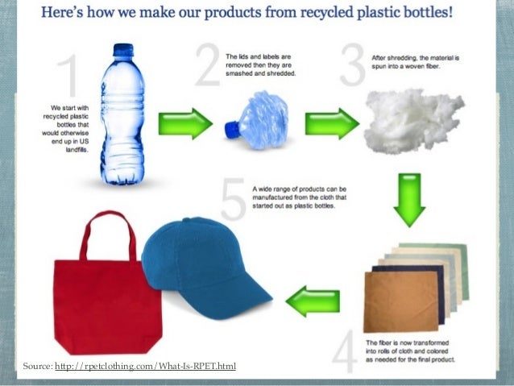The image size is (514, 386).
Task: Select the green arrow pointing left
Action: click(313, 303)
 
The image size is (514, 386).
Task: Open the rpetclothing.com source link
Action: click(145, 367)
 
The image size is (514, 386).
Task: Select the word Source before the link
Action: click(37, 367)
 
